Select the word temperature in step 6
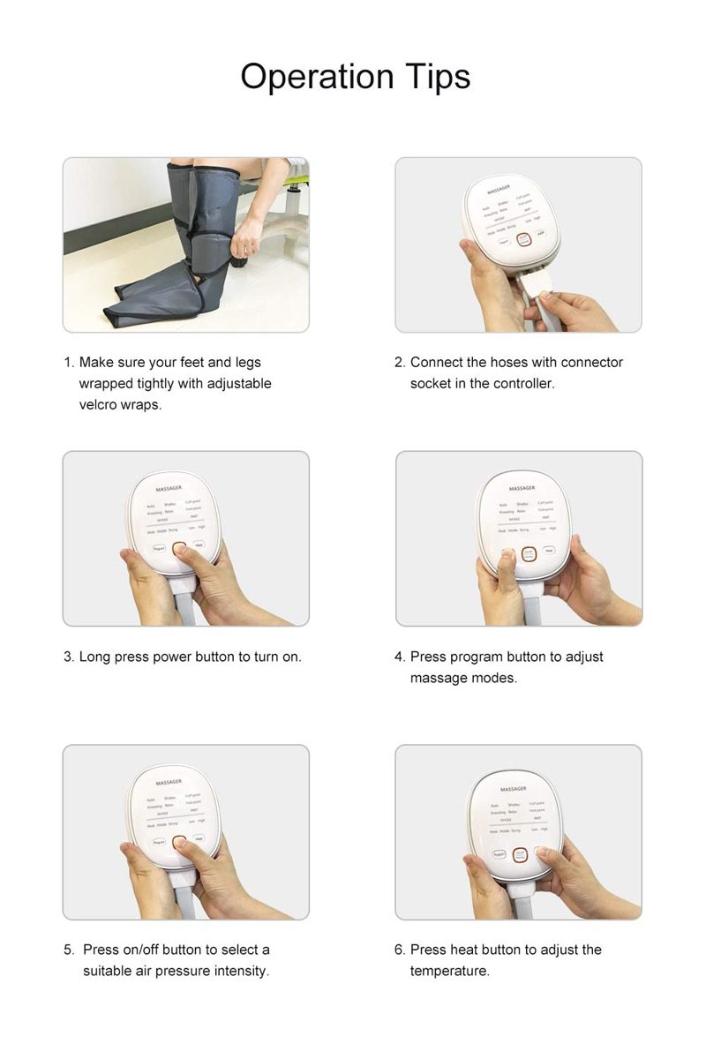pos(448,971)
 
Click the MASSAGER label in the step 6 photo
pos(513,788)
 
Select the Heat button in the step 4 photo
pos(550,551)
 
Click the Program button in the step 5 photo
pos(159,842)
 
